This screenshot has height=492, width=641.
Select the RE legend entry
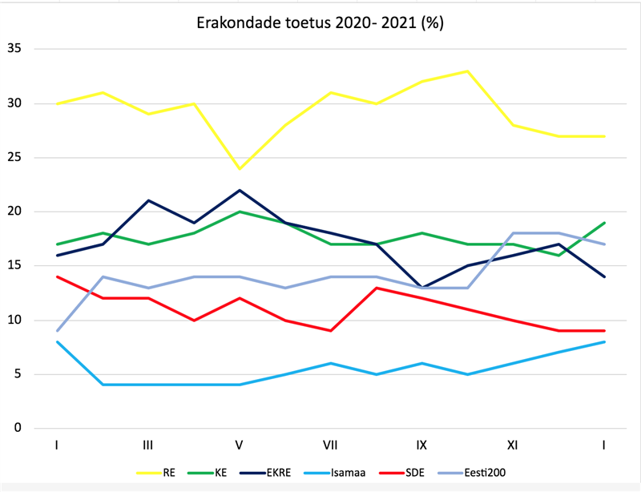(169, 472)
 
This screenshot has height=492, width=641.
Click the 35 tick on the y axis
(14, 49)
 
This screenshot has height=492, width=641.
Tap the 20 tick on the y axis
(14, 212)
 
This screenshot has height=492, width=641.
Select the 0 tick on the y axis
(18, 428)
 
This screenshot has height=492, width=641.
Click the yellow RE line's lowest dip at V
(239, 168)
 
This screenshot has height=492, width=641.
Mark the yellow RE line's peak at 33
(467, 71)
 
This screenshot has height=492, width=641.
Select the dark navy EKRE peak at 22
(239, 190)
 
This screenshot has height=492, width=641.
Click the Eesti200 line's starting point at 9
(57, 330)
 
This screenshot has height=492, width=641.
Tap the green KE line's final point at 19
(603, 223)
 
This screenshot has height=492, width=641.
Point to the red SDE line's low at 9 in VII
(330, 330)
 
